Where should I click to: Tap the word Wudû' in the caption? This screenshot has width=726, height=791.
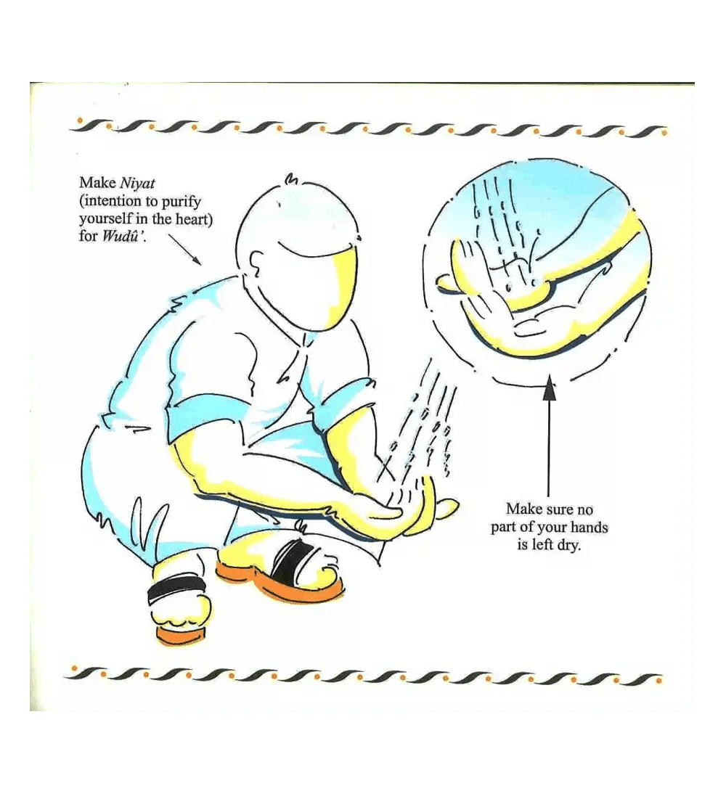[x=124, y=236]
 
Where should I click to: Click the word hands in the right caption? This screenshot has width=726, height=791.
[x=590, y=527]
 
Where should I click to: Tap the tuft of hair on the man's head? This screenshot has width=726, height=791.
[x=291, y=178]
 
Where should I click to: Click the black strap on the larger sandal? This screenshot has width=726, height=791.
[x=286, y=560]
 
